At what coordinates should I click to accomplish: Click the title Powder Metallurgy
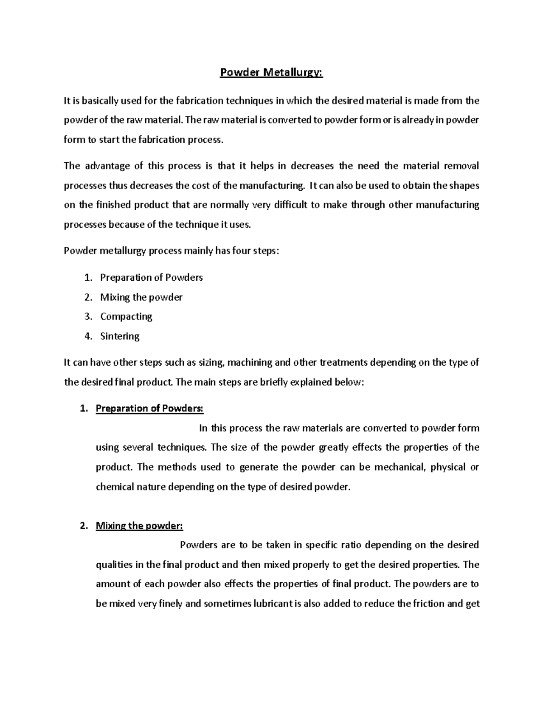pyautogui.click(x=271, y=73)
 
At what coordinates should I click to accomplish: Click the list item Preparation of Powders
pyautogui.click(x=151, y=278)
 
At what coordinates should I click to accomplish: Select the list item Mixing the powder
pyautogui.click(x=141, y=297)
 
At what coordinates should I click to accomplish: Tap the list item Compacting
pyautogui.click(x=126, y=316)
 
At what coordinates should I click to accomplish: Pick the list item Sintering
pyautogui.click(x=120, y=336)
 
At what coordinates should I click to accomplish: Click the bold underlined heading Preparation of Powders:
pyautogui.click(x=150, y=409)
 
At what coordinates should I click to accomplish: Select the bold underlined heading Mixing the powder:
pyautogui.click(x=139, y=526)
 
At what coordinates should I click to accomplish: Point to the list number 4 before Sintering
pyautogui.click(x=88, y=336)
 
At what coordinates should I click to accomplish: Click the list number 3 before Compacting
pyautogui.click(x=88, y=316)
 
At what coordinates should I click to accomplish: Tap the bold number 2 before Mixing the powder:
pyautogui.click(x=82, y=526)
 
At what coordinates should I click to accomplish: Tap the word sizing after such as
pyautogui.click(x=210, y=363)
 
